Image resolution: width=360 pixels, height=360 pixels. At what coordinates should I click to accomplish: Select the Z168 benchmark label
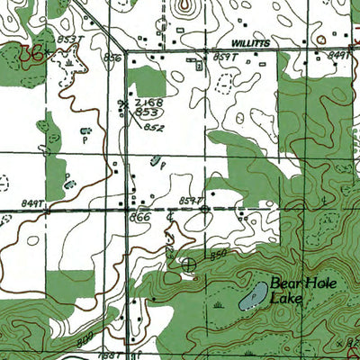point(148,103)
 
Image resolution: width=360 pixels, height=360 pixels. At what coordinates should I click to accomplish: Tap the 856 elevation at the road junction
point(112,57)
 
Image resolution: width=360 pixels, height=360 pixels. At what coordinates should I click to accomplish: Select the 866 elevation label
point(139,218)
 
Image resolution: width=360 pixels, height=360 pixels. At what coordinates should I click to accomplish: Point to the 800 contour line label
point(85,335)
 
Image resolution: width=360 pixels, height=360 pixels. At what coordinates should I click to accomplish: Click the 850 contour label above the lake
point(216,256)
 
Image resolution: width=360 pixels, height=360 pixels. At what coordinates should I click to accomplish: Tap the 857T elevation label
point(191,199)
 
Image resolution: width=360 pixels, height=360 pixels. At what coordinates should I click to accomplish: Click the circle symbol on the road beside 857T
point(206,210)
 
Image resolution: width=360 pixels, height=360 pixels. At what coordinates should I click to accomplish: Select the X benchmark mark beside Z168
point(125,104)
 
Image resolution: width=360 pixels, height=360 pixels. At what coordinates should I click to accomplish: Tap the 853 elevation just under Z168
point(148,114)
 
